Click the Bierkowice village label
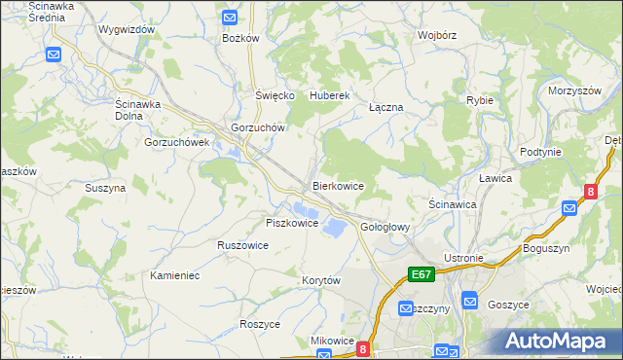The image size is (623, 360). click(338, 185)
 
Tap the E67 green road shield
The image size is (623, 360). click(421, 275)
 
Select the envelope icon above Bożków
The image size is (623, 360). click(230, 18)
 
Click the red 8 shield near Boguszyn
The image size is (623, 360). click(590, 193)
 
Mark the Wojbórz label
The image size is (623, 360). click(437, 35)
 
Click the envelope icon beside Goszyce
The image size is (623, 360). click(469, 303)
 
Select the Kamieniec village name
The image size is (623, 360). click(175, 275)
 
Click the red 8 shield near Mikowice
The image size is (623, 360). click(363, 348)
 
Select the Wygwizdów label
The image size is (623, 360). click(127, 29)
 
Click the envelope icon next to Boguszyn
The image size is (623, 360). click(569, 207)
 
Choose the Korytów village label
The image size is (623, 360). click(321, 280)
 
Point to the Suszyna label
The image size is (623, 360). click(105, 188)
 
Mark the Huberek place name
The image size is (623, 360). click(329, 95)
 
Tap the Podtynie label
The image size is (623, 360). click(540, 152)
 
